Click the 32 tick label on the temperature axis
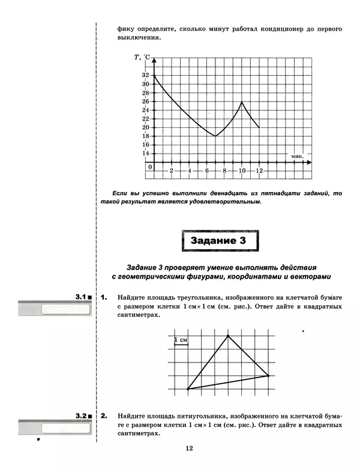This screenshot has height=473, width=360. [x=145, y=75]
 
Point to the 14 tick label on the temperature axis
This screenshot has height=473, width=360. [x=145, y=153]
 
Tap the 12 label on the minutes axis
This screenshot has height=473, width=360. [x=259, y=171]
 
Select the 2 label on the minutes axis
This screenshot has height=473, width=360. [x=172, y=171]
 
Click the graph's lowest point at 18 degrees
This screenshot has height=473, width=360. [x=215, y=136]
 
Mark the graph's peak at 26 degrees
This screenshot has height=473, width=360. [x=242, y=101]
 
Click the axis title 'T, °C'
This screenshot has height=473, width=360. [x=142, y=57]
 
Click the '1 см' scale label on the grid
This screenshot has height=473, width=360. [x=181, y=341]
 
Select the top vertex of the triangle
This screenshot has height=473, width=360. [x=228, y=335]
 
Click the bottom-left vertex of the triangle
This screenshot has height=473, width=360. [x=188, y=389]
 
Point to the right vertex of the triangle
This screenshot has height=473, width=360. [x=268, y=376]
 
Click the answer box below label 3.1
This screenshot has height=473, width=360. [x=66, y=310]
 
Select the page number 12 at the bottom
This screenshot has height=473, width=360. [x=188, y=448]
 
